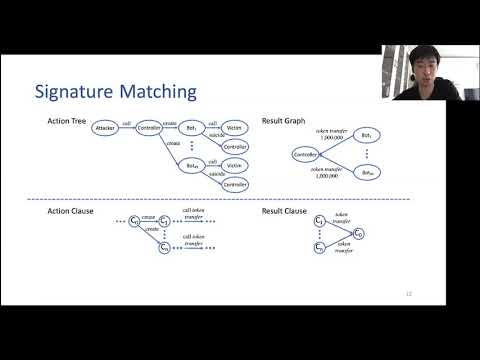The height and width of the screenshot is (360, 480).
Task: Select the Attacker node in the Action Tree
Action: tap(106, 129)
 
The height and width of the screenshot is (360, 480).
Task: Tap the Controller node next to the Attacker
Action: tap(148, 129)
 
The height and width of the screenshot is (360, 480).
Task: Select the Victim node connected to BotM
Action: tap(235, 166)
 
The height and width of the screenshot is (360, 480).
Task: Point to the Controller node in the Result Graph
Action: tap(307, 154)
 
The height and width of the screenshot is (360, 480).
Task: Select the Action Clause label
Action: tap(70, 212)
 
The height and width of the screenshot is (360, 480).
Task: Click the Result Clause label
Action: tap(287, 212)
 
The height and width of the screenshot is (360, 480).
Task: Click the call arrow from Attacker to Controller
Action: tap(127, 129)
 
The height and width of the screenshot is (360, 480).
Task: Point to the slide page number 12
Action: tap(408, 293)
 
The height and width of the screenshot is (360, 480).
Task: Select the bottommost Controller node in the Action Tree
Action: tap(235, 184)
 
